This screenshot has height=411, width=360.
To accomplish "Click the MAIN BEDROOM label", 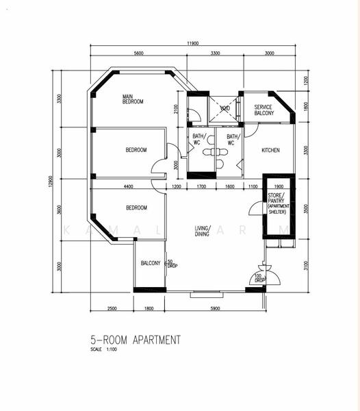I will click(x=133, y=99).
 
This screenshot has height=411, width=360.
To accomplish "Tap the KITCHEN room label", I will click(x=270, y=150).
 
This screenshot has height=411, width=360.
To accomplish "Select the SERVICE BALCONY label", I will click(x=263, y=110).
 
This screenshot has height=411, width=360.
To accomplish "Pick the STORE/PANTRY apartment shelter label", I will click(x=279, y=204).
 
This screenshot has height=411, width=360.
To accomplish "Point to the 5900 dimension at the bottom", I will click(x=214, y=308).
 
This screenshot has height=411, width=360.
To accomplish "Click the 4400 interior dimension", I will click(x=128, y=186).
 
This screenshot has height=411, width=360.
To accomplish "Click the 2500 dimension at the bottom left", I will click(x=112, y=308).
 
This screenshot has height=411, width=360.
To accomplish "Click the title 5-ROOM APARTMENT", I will click(x=136, y=339).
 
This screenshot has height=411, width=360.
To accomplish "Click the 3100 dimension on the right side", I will click(x=305, y=265).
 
